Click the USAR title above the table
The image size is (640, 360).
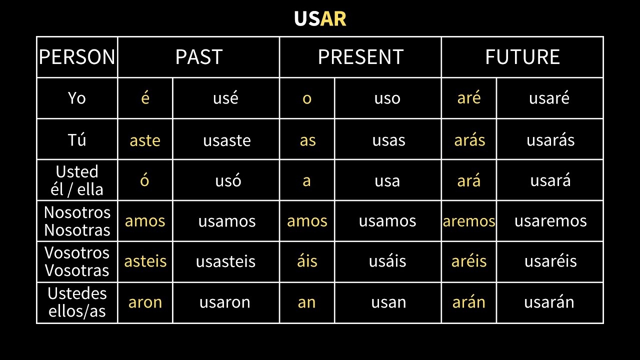click(320, 19)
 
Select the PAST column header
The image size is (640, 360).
click(198, 57)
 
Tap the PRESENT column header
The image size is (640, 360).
click(360, 57)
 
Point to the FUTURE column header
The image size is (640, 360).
click(522, 57)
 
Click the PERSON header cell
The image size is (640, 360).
click(77, 57)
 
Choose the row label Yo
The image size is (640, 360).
click(77, 98)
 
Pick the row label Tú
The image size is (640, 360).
click(77, 139)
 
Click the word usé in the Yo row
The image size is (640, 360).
click(225, 98)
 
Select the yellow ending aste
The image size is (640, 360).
click(145, 140)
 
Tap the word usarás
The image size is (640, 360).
click(550, 140)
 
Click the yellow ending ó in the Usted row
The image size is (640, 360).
click(144, 180)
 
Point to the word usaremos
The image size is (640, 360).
click(550, 221)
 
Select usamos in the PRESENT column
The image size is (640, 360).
click(387, 221)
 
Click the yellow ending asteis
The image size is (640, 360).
click(145, 261)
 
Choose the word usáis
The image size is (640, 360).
click(387, 261)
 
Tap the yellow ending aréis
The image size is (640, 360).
click(469, 261)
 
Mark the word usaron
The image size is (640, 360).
click(225, 302)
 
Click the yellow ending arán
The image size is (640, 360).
click(469, 302)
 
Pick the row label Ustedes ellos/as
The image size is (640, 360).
click(77, 302)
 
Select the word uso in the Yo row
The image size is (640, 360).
click(387, 98)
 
